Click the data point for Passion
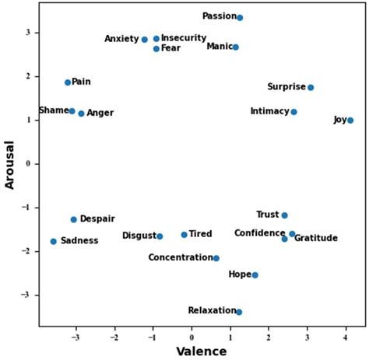click(x=240, y=17)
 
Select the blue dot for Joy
click(x=350, y=121)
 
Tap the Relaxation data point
click(x=239, y=312)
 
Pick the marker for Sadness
click(x=53, y=242)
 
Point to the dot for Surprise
click(x=311, y=88)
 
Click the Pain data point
click(x=68, y=82)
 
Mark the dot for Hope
click(x=255, y=275)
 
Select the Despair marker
click(x=74, y=220)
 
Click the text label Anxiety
click(x=121, y=39)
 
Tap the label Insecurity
click(x=184, y=38)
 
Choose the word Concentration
click(x=180, y=257)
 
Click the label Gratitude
click(x=315, y=238)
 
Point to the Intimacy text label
click(x=269, y=111)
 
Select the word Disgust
click(x=139, y=236)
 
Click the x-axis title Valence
click(x=201, y=351)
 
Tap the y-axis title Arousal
click(x=10, y=164)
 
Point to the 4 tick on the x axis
click(x=346, y=338)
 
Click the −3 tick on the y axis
click(x=26, y=295)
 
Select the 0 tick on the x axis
click(x=192, y=338)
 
